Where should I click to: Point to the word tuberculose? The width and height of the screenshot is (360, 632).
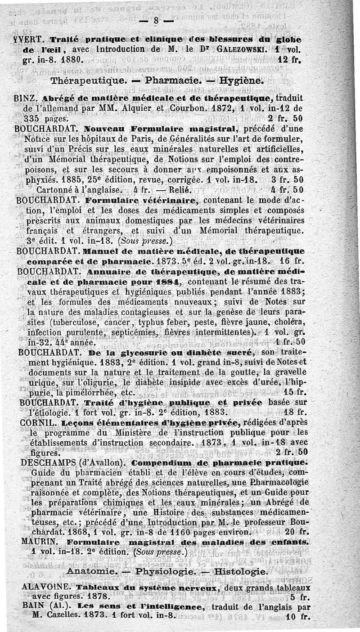pos(75,323)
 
